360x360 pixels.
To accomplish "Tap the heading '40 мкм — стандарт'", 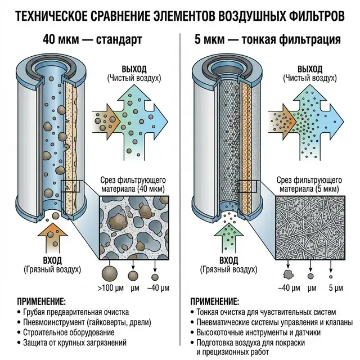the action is coord(92,39).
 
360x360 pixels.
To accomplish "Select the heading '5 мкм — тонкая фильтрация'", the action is coord(268,39).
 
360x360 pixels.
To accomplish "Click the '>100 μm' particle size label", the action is coord(111,288).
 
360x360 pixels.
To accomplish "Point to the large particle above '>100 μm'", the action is coord(110,274).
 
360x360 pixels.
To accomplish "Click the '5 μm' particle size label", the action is coord(336,288).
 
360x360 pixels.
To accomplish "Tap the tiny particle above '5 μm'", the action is coord(331,277).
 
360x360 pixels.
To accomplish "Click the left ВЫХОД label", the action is coord(134,69).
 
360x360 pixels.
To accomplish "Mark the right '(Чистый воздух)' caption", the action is coord(310,78).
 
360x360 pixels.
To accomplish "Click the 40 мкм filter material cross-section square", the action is coord(134,228).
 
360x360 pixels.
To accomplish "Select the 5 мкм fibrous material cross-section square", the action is coord(310,228).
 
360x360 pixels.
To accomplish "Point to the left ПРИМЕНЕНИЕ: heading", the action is coord(41,301).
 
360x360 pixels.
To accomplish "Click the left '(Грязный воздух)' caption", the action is coord(52,269).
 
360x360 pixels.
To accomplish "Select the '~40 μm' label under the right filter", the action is coord(289,288).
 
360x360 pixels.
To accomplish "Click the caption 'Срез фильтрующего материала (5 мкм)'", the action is coord(309,184).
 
